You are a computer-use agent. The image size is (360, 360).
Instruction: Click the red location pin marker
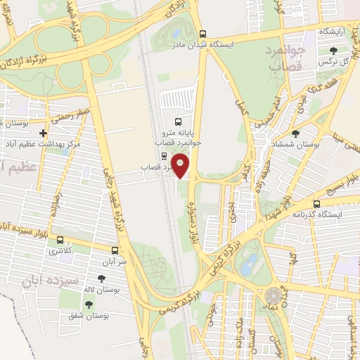(181, 166)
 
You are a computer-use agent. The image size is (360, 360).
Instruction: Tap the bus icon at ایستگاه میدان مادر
(203, 33)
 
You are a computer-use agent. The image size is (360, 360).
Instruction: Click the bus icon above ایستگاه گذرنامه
(317, 203)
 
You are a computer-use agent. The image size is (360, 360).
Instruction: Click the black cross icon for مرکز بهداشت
(44, 133)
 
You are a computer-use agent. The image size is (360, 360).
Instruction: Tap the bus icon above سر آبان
(115, 250)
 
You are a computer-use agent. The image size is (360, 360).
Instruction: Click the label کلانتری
(55, 250)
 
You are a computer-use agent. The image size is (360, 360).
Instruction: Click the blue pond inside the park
(248, 264)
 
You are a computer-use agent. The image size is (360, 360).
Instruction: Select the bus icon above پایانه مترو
(177, 120)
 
